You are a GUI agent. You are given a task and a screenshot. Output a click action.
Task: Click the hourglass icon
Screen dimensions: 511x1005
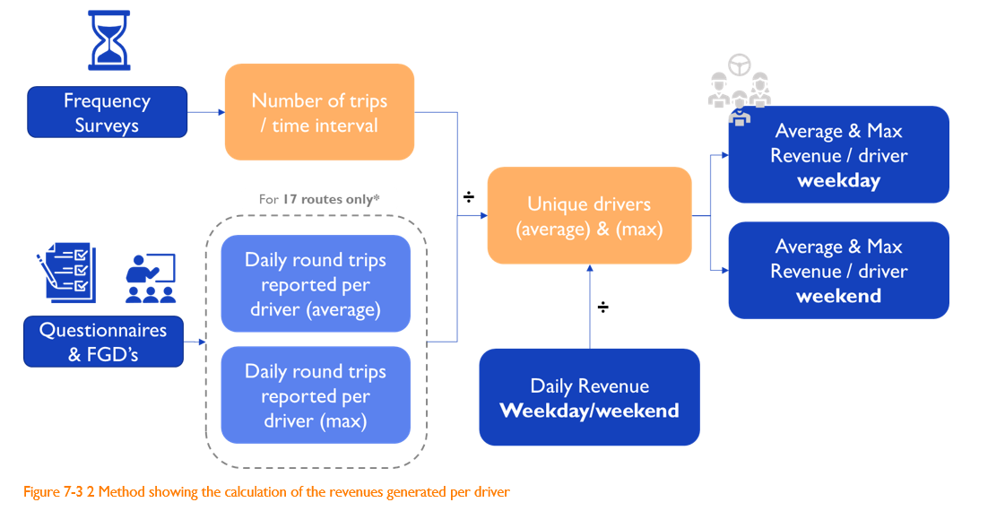107,39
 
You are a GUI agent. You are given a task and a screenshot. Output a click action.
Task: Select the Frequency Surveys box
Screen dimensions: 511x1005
107,112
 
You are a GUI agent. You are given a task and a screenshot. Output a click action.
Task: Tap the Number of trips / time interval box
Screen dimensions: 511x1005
319,112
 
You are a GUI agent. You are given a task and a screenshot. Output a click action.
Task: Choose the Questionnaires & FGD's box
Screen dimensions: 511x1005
103,342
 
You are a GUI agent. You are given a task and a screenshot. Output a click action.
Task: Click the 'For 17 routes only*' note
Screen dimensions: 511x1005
319,199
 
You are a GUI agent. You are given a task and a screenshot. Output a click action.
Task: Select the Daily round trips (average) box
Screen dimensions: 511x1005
315,284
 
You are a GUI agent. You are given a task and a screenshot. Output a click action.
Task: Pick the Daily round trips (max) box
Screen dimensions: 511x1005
315,395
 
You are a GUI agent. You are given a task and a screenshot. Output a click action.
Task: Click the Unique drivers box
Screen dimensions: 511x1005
589,216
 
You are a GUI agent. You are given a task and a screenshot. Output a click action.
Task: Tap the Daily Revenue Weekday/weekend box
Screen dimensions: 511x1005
589,397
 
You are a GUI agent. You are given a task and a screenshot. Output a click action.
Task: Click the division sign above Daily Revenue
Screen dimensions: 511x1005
603,307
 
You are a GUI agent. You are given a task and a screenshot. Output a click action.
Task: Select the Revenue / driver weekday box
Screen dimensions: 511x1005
838,154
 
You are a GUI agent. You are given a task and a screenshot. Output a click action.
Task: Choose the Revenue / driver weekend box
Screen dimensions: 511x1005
838,270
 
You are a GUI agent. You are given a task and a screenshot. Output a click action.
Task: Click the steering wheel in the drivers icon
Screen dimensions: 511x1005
740,65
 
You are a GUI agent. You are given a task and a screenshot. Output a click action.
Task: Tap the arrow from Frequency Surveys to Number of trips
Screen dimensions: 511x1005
206,112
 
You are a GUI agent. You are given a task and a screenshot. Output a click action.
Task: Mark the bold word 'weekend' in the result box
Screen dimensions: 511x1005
838,296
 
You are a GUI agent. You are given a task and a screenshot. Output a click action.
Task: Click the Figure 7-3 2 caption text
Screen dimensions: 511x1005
266,491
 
